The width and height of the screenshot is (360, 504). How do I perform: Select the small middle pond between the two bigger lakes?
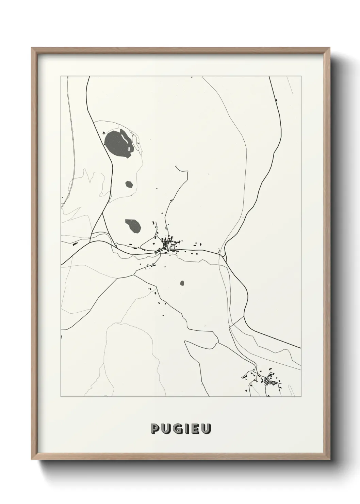click(129, 184)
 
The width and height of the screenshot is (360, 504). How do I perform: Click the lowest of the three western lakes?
click(133, 225)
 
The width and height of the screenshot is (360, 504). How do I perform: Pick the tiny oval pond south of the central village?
click(182, 283)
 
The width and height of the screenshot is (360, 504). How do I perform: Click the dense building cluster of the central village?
click(168, 245)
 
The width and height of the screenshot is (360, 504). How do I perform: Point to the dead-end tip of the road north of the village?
click(175, 166)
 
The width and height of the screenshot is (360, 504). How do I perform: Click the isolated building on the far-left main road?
click(76, 243)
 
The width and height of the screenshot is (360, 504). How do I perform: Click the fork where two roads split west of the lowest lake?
click(103, 215)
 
